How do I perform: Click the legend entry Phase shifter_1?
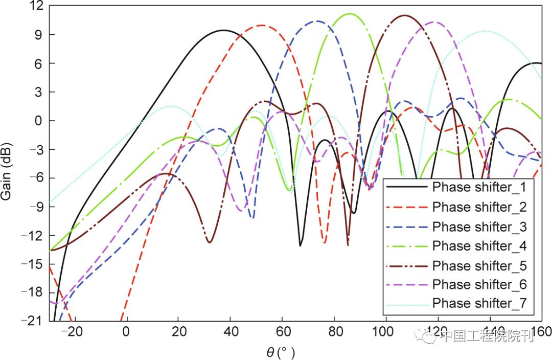[479, 187]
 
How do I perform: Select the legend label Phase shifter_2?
[479, 207]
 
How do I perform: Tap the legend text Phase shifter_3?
[479, 226]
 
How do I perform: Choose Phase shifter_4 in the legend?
[479, 246]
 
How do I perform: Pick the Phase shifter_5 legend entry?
[479, 265]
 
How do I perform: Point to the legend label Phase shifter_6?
[479, 284]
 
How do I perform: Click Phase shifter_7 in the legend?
[479, 303]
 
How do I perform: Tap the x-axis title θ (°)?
[281, 352]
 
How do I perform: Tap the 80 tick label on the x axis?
[334, 331]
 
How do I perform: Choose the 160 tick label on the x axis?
[541, 331]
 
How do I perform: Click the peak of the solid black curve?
[223, 30]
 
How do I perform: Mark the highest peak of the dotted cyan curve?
[485, 31]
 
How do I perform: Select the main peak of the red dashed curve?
[262, 25]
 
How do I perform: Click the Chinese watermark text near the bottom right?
[486, 336]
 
